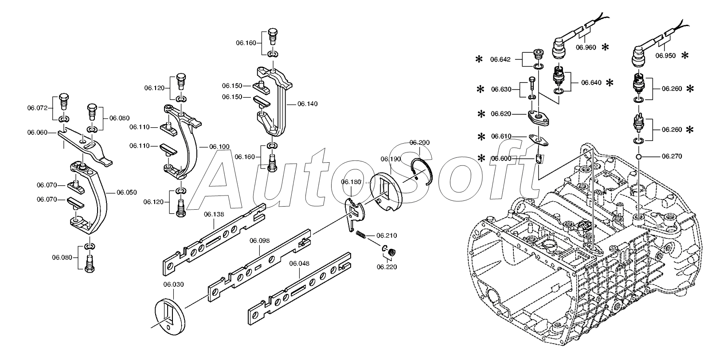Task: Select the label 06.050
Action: [x=127, y=192]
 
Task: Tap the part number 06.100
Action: [x=219, y=146]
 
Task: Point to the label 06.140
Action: [x=308, y=104]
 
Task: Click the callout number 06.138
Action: [x=214, y=214]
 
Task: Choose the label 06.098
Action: [x=259, y=240]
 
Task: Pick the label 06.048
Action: [x=299, y=263]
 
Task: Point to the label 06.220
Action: [x=387, y=267]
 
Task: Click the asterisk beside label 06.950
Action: [x=685, y=55]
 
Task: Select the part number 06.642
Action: [x=500, y=59]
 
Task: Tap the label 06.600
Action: [x=501, y=158]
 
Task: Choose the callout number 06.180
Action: [x=351, y=182]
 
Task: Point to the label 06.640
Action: [x=592, y=82]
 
